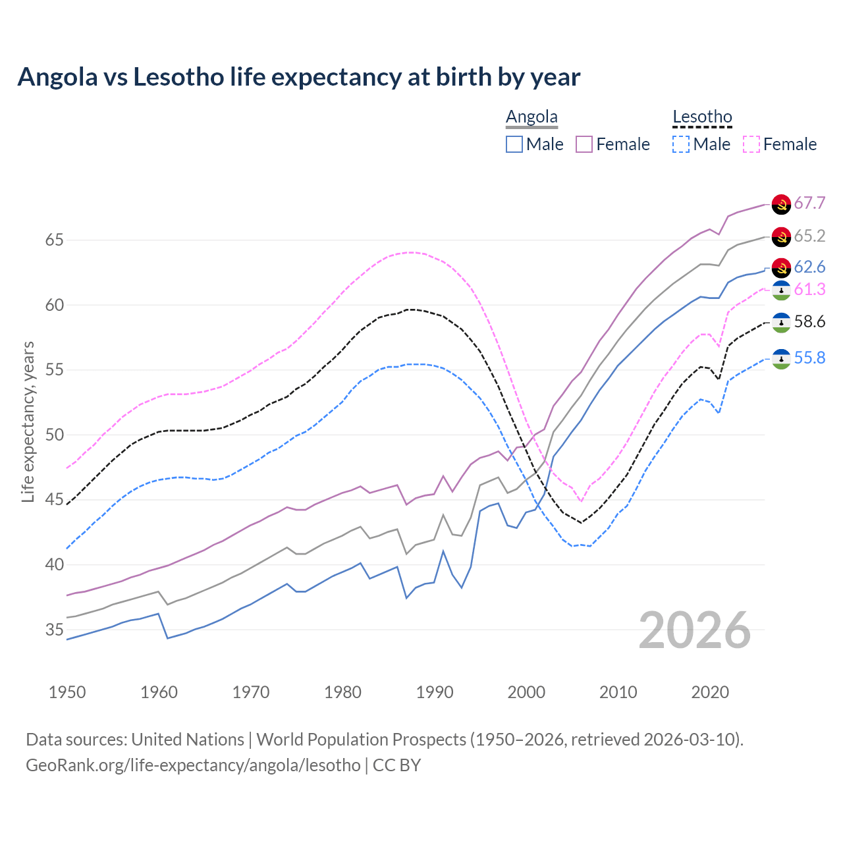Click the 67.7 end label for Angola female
coord(809,203)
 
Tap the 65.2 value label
coord(809,236)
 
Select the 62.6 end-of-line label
coord(809,267)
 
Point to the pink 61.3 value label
coord(809,289)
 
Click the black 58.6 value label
coord(809,321)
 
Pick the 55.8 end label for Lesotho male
coord(809,358)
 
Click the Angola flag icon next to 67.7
coord(781,204)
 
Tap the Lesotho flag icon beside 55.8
coord(781,359)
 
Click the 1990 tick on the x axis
coord(435,692)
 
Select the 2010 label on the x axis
coord(618,692)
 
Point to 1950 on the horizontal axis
coord(67,692)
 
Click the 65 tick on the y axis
coord(54,240)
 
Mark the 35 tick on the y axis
coord(54,630)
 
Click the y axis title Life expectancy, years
coord(28,421)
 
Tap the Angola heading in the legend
coord(531,117)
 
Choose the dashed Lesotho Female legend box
coord(751,144)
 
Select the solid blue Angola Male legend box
coord(514,144)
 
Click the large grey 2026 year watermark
coord(694,631)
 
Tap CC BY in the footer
coord(396,765)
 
